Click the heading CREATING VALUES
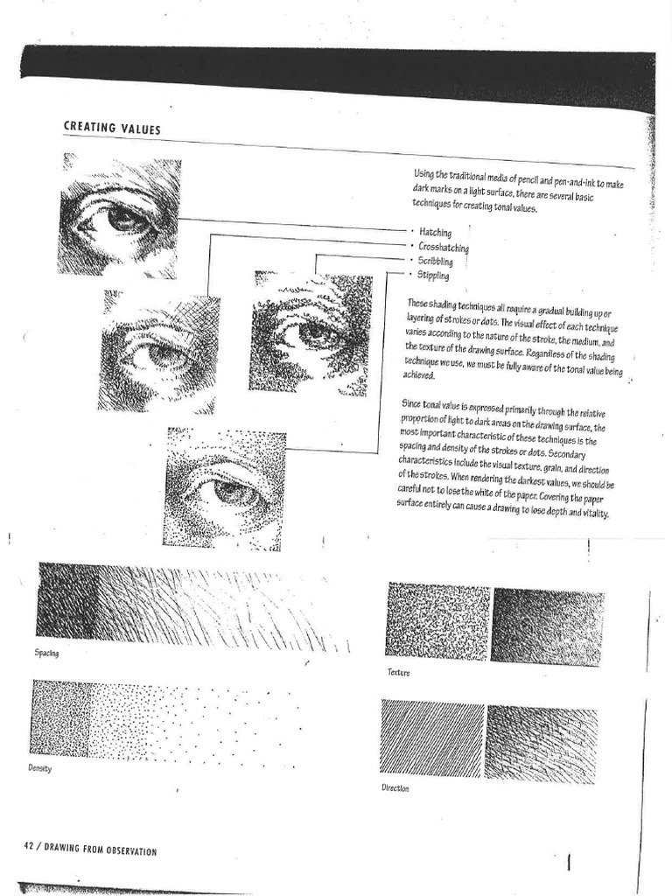[111, 128]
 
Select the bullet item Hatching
[435, 233]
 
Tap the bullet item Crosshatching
[443, 248]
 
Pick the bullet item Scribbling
[435, 262]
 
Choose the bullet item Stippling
[434, 276]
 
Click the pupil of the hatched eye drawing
[122, 220]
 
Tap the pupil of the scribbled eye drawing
[311, 332]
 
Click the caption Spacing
[46, 654]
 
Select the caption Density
[40, 768]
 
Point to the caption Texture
[398, 672]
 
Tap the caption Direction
[395, 787]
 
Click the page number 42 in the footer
[29, 846]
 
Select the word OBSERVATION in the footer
[129, 850]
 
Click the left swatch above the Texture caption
[437, 621]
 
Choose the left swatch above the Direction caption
[432, 738]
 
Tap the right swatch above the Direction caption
[542, 743]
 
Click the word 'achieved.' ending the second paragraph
[419, 375]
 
